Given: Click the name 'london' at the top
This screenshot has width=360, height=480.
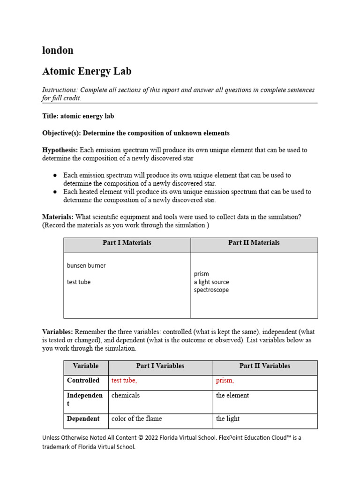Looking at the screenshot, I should click(x=58, y=51).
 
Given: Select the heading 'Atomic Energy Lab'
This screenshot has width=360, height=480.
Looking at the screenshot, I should click(x=87, y=71).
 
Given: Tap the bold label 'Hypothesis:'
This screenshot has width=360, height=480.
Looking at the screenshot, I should click(x=60, y=150).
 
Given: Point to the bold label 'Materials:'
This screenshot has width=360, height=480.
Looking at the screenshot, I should click(x=58, y=217).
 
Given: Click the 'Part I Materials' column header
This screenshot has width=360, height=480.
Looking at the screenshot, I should click(x=127, y=243).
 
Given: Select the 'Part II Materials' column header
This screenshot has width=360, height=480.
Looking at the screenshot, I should click(x=254, y=243).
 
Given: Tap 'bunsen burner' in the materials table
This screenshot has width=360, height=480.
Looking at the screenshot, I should click(x=86, y=265).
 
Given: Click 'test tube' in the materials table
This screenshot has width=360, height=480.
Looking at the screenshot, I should click(x=79, y=282).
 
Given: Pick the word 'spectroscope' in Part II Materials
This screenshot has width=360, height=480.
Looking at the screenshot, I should click(x=211, y=290).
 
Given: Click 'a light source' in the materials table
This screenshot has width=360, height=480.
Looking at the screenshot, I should click(x=211, y=282).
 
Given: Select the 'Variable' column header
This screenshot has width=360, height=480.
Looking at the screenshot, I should click(x=86, y=366).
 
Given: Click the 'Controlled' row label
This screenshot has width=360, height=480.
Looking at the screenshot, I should click(x=83, y=381).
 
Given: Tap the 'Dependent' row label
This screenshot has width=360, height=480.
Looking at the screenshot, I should click(x=83, y=419).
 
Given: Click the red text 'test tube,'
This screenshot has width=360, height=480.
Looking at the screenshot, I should click(x=124, y=381).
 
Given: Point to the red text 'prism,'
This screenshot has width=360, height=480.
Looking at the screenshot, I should click(x=225, y=381).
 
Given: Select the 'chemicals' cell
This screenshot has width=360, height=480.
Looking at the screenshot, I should click(x=126, y=395).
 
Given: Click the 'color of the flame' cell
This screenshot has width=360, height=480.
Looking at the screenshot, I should click(x=136, y=419).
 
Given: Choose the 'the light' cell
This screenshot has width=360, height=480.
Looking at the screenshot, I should click(x=228, y=419).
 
